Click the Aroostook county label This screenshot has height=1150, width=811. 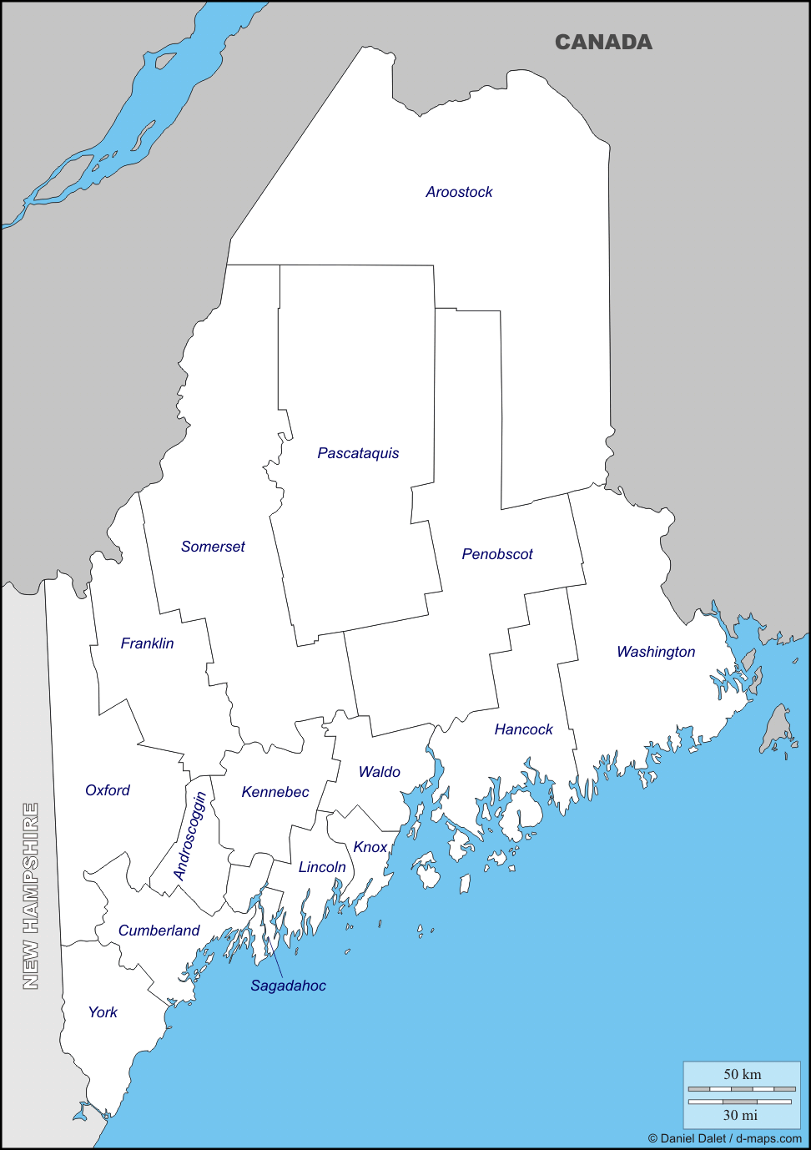pyautogui.click(x=459, y=192)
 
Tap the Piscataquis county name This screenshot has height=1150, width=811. pyautogui.click(x=358, y=453)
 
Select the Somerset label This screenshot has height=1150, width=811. pyautogui.click(x=213, y=547)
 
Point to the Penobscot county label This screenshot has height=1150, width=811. pyautogui.click(x=497, y=554)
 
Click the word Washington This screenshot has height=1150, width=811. pyautogui.click(x=656, y=652)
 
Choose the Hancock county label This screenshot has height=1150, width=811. pyautogui.click(x=523, y=729)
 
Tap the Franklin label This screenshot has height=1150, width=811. pyautogui.click(x=147, y=643)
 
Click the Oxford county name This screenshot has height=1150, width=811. pyautogui.click(x=108, y=790)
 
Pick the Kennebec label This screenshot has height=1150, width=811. pyautogui.click(x=275, y=792)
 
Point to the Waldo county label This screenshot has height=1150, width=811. pyautogui.click(x=380, y=772)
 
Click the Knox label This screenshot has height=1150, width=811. pyautogui.click(x=370, y=847)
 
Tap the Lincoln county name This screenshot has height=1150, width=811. pyautogui.click(x=322, y=867)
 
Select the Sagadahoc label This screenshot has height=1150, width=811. pyautogui.click(x=288, y=986)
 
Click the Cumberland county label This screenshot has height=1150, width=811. pyautogui.click(x=159, y=931)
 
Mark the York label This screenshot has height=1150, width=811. pyautogui.click(x=103, y=1012)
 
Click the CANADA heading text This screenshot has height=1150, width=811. pyautogui.click(x=603, y=42)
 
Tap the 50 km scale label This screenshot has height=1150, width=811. pyautogui.click(x=742, y=1074)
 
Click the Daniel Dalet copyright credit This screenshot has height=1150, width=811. pyautogui.click(x=724, y=1138)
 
